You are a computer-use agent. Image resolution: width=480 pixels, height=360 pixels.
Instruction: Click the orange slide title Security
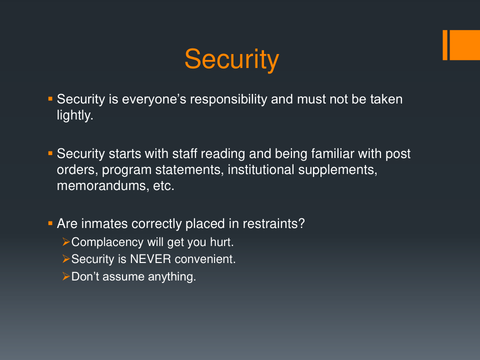tap(231, 60)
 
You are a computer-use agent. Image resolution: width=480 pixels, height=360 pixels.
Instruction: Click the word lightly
tap(75, 115)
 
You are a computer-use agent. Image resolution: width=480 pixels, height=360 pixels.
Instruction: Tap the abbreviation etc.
tap(164, 186)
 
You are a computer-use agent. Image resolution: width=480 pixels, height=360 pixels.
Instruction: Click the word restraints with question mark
tap(273, 223)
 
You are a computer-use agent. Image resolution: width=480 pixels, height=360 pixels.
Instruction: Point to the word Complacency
tap(107, 242)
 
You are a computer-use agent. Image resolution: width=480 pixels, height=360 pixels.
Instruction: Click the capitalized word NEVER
tap(150, 259)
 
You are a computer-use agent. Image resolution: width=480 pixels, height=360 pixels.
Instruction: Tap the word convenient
tap(205, 259)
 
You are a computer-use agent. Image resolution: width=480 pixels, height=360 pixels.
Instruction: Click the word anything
tap(172, 276)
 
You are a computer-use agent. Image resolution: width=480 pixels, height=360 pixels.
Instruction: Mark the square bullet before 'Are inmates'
tap(50, 223)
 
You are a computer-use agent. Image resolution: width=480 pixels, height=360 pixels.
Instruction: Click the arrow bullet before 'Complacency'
tap(66, 242)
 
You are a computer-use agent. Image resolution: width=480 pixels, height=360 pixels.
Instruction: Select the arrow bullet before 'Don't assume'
tap(66, 276)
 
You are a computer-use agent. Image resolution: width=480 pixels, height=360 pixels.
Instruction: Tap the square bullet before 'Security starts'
tap(50, 153)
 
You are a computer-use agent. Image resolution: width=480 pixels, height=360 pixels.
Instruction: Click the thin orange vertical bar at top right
tap(445, 45)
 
